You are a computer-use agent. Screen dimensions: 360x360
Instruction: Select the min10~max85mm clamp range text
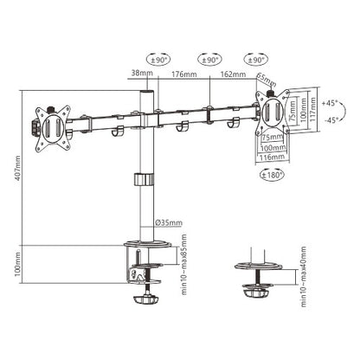185,266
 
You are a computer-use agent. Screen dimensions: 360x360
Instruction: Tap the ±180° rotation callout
269,177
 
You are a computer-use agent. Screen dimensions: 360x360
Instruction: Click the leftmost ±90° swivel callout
159,60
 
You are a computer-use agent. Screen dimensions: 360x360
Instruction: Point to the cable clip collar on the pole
142,181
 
